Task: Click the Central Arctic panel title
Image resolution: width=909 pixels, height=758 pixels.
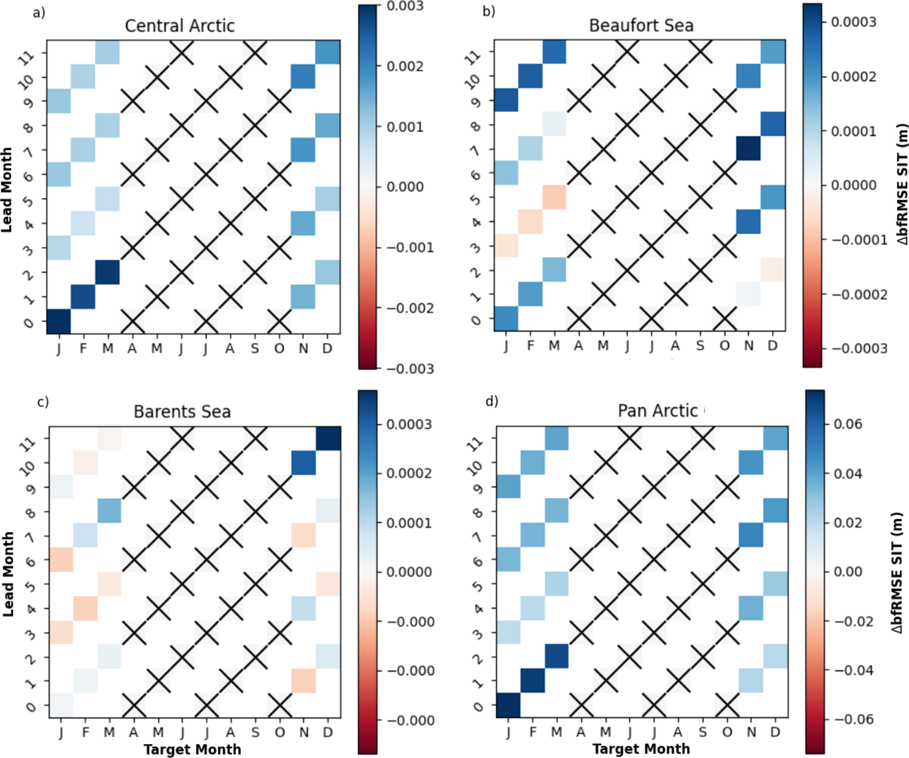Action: (180, 26)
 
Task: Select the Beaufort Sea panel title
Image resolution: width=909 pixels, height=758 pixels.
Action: (641, 26)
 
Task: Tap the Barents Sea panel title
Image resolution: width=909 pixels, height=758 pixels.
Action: (182, 411)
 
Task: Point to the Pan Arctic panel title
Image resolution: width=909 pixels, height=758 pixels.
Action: (657, 411)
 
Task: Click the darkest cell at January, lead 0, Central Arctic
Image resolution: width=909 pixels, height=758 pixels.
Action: (58, 321)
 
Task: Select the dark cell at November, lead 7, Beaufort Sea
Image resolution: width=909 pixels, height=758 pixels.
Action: (748, 149)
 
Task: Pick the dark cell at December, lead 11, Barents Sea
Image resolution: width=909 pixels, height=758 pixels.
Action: (328, 439)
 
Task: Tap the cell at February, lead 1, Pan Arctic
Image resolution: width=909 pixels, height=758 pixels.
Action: (532, 681)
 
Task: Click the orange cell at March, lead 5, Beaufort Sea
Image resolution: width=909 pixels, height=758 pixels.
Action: (554, 198)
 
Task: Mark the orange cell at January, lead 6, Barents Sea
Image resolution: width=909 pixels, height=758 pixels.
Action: (61, 559)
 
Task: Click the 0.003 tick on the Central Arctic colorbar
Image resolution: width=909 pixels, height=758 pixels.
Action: (404, 6)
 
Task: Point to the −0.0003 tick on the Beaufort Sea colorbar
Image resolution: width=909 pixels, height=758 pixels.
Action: (859, 349)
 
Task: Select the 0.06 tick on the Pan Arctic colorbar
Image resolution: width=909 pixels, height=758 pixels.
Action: (848, 424)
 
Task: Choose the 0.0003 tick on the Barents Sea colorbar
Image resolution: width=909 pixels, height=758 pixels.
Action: (408, 424)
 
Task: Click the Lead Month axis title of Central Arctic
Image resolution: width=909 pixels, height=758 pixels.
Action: (8, 190)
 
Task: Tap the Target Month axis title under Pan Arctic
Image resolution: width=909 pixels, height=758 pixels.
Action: (641, 749)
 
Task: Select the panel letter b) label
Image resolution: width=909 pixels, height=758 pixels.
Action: (488, 11)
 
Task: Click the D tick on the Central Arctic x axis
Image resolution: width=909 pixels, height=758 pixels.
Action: (327, 349)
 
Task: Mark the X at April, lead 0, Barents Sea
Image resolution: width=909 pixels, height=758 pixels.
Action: (134, 706)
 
